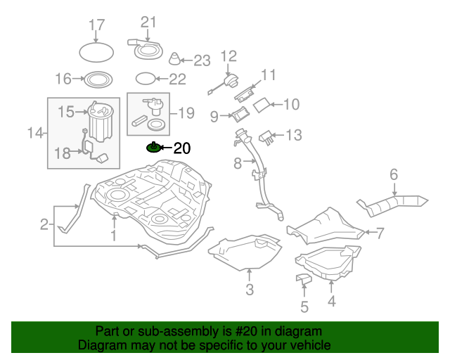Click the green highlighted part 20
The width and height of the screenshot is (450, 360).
pyautogui.click(x=153, y=148)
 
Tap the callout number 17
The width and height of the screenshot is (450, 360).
pyautogui.click(x=96, y=26)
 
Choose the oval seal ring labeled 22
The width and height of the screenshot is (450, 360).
pyautogui.click(x=143, y=78)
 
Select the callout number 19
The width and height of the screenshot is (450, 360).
pyautogui.click(x=186, y=112)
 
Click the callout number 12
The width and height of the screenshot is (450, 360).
pyautogui.click(x=229, y=56)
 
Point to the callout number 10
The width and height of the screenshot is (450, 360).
pyautogui.click(x=290, y=105)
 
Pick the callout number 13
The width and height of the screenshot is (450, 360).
pyautogui.click(x=293, y=134)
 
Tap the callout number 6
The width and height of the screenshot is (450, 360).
pyautogui.click(x=394, y=174)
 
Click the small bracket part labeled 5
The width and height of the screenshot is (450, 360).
pyautogui.click(x=303, y=280)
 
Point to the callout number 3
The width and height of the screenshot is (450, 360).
pyautogui.click(x=249, y=290)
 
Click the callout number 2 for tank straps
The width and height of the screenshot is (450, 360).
pyautogui.click(x=44, y=225)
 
